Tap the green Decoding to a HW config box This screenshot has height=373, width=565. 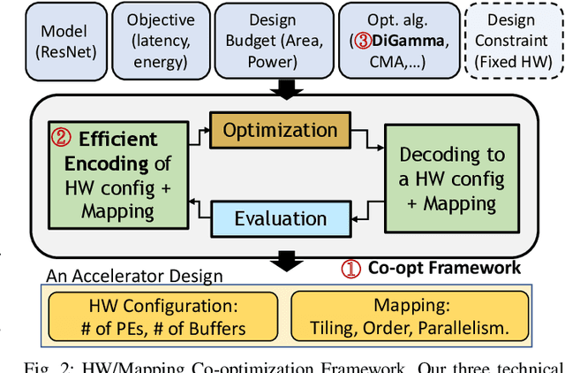(x=453, y=179)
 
